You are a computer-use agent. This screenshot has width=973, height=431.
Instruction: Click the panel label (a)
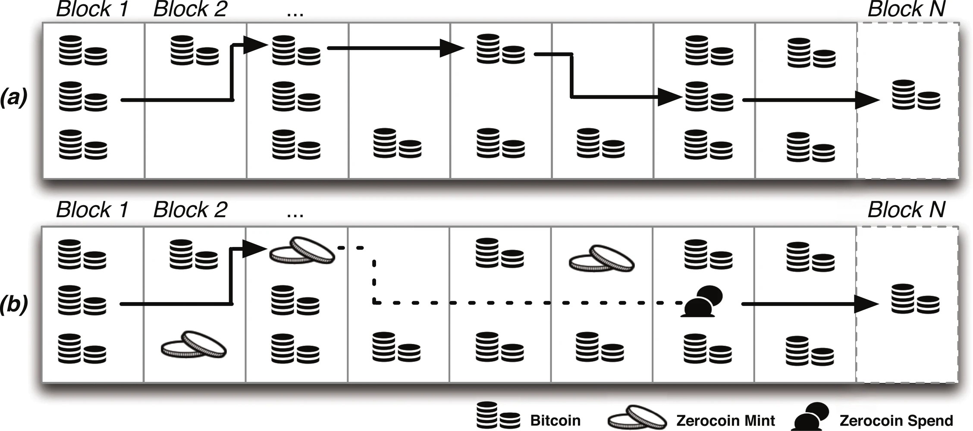[14, 97]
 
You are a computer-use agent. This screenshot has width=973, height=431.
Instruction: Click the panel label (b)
[14, 304]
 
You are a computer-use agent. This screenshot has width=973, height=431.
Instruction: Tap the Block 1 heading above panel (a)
[92, 9]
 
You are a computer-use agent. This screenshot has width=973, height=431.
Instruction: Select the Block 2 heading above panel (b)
[190, 210]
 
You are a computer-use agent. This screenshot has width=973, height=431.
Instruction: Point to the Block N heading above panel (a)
[906, 9]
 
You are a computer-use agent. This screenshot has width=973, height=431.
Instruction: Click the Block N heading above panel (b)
[906, 210]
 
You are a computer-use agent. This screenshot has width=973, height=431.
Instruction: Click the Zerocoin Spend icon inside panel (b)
[702, 302]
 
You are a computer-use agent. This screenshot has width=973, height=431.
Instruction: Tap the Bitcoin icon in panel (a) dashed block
[916, 95]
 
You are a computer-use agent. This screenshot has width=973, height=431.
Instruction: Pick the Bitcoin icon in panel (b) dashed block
[915, 299]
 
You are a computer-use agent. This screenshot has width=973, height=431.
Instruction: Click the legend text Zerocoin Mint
[725, 420]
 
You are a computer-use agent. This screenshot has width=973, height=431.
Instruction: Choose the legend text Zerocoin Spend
[896, 420]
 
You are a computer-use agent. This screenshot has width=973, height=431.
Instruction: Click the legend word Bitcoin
[555, 420]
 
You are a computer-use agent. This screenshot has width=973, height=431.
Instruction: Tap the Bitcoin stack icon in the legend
[498, 415]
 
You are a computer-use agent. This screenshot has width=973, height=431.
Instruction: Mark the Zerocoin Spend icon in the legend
[810, 416]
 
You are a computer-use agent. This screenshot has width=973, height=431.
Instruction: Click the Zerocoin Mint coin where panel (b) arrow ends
[302, 250]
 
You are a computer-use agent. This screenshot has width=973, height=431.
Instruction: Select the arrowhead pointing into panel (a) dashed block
[867, 100]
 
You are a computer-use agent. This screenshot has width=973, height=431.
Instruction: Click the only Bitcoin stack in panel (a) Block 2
[195, 50]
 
